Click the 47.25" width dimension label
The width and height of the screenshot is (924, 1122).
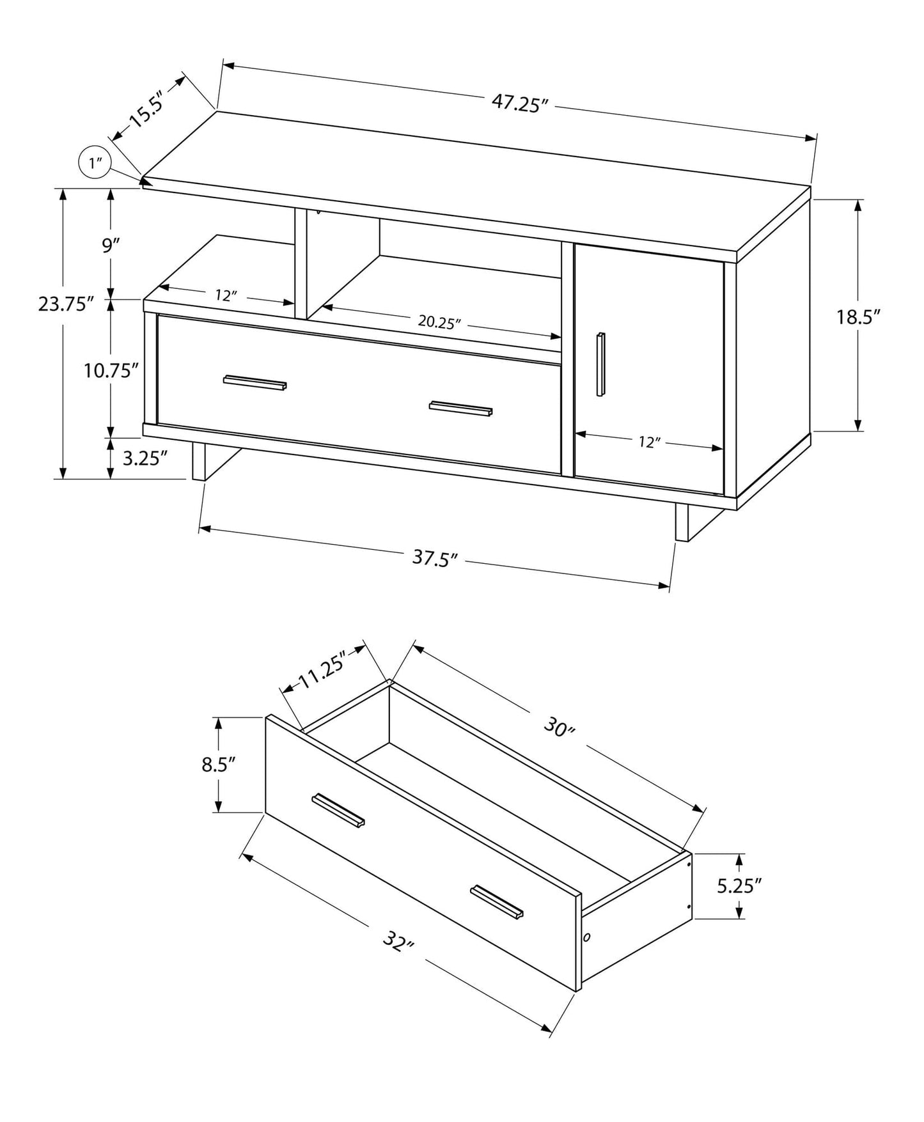521,104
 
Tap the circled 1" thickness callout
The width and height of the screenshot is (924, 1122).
95,163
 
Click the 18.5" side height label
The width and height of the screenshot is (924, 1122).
859,316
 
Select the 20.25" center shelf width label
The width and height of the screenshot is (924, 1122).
440,322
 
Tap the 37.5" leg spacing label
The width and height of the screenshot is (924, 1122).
435,558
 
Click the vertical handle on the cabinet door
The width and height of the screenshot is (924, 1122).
600,364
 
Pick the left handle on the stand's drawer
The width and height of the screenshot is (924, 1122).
254,382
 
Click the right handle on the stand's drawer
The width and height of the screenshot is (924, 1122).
460,409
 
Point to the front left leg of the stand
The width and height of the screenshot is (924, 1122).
200,462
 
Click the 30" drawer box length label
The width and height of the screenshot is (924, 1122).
560,727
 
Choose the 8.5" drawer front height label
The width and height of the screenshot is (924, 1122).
219,764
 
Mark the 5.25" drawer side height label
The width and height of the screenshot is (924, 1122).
739,885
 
